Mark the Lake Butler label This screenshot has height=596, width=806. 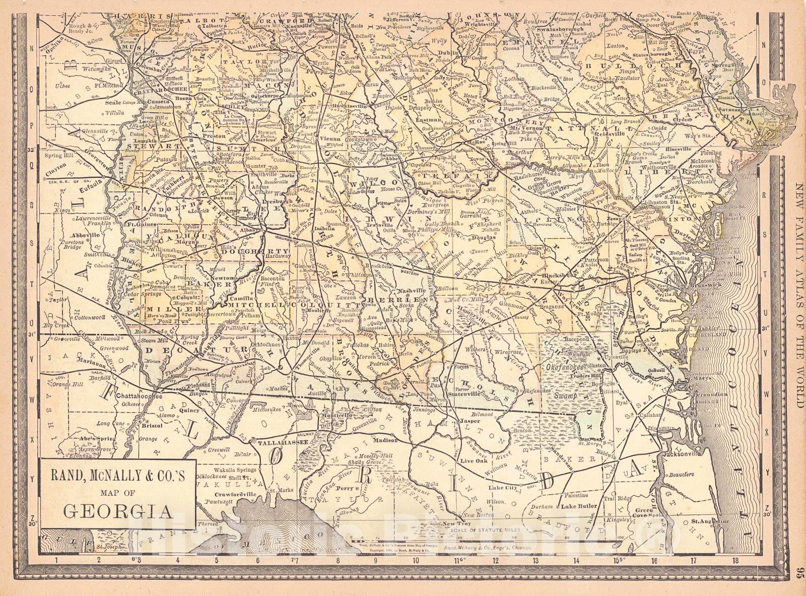tap(579, 506)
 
